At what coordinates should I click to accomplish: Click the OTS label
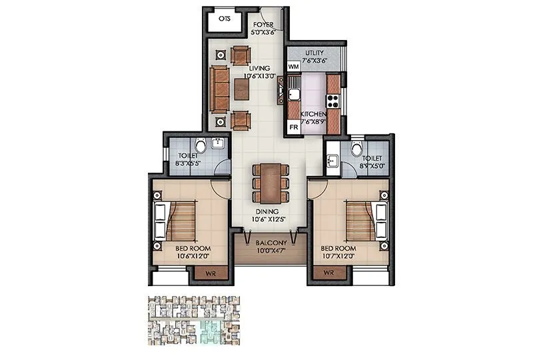(x=225, y=19)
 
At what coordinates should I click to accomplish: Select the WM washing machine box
(x=293, y=67)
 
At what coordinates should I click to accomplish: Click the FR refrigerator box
(x=293, y=126)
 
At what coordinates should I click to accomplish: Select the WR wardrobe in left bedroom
(x=209, y=273)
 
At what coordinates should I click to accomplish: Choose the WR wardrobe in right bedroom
(x=328, y=273)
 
